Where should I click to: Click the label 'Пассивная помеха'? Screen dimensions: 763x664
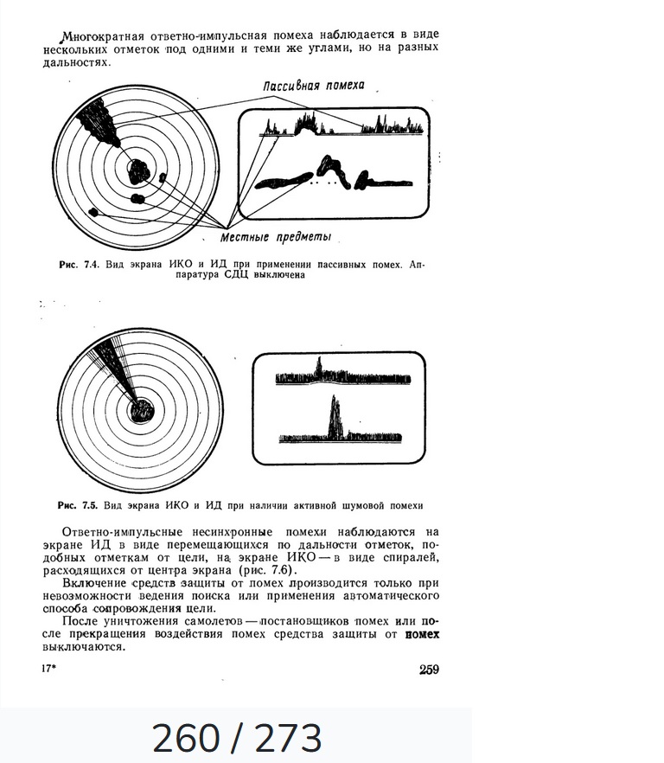click(314, 86)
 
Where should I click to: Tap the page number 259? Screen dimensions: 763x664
click(429, 669)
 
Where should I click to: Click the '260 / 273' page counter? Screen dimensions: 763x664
click(236, 738)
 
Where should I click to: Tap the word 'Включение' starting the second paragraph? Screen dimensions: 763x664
click(93, 584)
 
